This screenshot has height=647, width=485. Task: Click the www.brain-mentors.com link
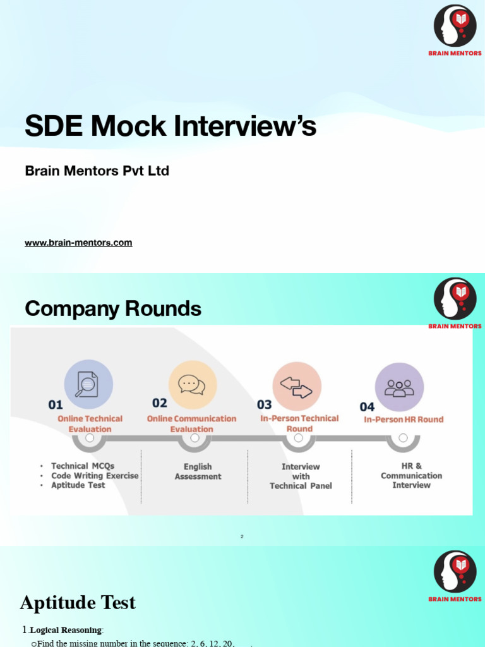78,243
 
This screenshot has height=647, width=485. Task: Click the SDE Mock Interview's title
171,126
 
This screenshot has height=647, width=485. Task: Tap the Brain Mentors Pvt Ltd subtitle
97,171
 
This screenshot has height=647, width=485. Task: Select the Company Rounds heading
113,309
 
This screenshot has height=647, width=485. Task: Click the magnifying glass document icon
88,384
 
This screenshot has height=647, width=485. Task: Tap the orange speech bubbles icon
192,384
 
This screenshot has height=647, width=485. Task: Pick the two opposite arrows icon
297,386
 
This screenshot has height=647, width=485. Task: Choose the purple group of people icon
399,387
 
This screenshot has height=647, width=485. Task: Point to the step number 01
56,405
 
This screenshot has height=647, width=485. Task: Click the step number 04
367,407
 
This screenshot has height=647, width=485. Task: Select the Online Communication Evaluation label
191,424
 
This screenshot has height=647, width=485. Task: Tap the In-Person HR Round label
404,420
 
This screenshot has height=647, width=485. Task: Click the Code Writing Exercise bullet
95,476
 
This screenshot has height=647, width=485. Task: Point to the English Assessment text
198,471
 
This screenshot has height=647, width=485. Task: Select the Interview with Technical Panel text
301,476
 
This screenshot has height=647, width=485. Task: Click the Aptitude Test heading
78,603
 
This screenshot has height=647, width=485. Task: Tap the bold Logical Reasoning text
66,630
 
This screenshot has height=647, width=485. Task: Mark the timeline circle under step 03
299,438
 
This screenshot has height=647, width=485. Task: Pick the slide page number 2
242,537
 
